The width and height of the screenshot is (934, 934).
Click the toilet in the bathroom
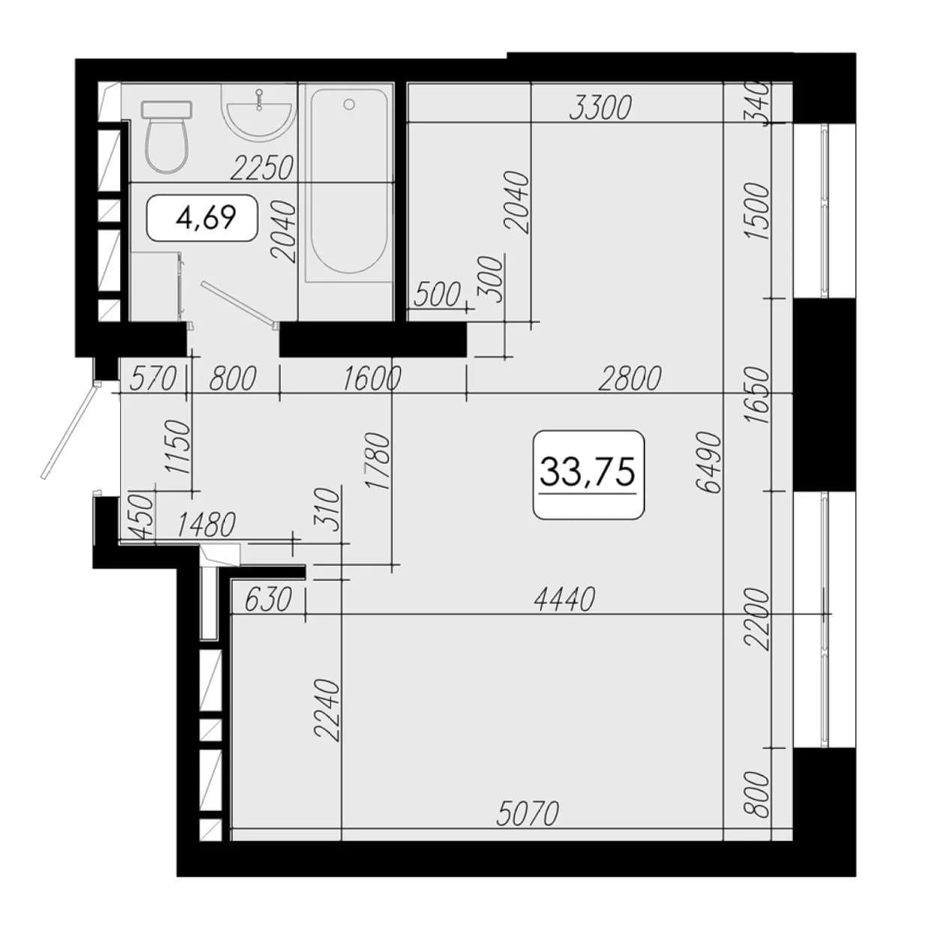point(167,137)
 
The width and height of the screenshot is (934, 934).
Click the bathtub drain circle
point(349,104)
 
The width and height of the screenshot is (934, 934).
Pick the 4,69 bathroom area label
point(206,218)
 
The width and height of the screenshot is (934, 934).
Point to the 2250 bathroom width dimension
point(263,168)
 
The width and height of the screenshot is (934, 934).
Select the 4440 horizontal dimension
point(563,599)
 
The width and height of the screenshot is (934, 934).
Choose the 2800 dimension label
point(629,379)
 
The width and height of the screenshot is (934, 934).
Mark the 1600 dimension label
point(372,379)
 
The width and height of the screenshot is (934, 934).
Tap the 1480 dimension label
point(206,525)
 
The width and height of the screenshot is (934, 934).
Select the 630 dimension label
point(268,599)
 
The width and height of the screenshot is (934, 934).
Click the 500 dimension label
point(437,295)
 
